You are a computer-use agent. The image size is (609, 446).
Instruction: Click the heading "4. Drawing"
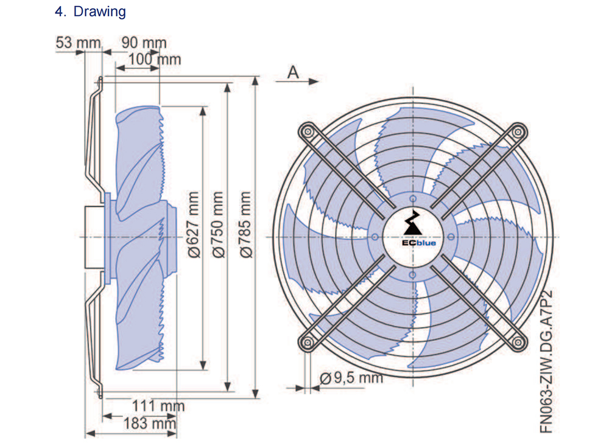(90, 12)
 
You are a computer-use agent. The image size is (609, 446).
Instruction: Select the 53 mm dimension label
(78, 43)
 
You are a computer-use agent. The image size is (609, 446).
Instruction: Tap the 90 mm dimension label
(144, 43)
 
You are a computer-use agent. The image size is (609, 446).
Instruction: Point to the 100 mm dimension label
(155, 60)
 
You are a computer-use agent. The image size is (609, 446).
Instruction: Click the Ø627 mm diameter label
(194, 225)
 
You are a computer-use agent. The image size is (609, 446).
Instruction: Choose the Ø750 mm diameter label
(218, 225)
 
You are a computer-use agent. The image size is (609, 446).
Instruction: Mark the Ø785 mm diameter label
(245, 225)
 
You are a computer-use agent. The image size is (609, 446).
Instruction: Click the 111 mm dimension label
(158, 406)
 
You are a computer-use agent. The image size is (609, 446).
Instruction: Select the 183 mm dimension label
(150, 423)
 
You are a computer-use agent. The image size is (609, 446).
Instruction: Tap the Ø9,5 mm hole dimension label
(351, 377)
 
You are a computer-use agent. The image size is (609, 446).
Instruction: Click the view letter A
(294, 72)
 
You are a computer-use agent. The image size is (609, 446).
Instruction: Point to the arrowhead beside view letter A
(314, 81)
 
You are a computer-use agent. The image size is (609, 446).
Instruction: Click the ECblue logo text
(419, 243)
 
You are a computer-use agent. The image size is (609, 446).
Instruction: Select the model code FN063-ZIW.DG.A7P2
(546, 361)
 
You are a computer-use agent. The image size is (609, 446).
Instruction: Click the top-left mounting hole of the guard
(308, 131)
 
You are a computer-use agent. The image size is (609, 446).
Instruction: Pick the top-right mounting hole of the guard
(518, 132)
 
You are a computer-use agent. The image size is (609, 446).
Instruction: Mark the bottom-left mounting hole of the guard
(308, 343)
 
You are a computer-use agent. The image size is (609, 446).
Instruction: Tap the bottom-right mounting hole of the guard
(518, 343)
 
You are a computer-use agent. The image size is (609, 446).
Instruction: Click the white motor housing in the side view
(95, 237)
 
